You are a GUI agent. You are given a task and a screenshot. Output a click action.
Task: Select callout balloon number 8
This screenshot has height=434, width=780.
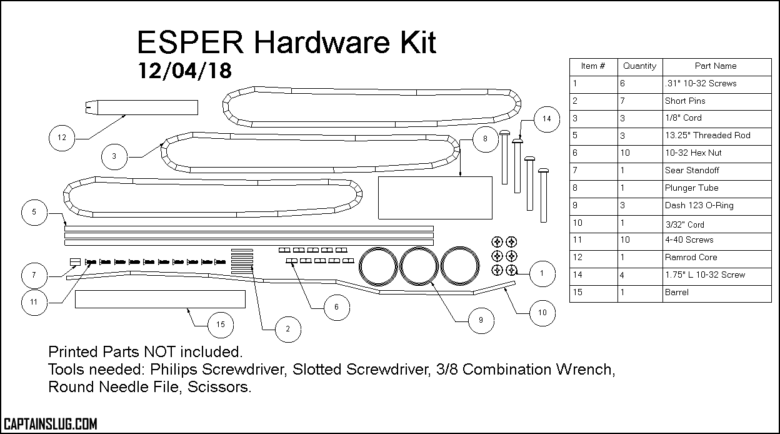pos(485,139)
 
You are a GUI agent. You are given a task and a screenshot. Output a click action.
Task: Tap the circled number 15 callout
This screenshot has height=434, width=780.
pos(220,325)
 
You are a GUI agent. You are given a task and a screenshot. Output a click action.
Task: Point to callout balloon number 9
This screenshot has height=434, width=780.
pos(480,320)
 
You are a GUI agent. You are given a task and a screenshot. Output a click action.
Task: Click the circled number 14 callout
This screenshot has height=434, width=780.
pos(546,119)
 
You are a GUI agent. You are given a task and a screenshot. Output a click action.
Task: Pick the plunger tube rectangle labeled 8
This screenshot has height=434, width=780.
pos(435,198)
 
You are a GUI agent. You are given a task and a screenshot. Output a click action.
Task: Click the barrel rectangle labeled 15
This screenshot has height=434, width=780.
pos(160,300)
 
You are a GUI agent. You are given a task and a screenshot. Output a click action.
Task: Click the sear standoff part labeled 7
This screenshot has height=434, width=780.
pos(74,261)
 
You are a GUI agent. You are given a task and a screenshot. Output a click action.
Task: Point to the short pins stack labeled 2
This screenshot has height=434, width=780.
pos(242,258)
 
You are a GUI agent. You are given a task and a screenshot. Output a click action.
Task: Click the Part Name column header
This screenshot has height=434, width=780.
pos(716,66)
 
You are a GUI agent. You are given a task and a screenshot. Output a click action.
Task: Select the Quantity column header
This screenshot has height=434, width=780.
pos(639,66)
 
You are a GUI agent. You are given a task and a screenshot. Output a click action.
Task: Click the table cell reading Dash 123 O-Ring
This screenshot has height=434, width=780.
pos(699,205)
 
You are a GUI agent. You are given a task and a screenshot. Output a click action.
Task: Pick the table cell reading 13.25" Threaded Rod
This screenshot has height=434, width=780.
pos(707,135)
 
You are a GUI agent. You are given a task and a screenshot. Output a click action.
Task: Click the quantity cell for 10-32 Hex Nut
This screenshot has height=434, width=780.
pos(626,153)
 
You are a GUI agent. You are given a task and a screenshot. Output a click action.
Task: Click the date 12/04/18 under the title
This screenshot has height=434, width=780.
pos(184,71)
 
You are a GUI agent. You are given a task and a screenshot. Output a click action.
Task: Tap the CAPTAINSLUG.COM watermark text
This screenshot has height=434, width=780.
pos(50,424)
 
